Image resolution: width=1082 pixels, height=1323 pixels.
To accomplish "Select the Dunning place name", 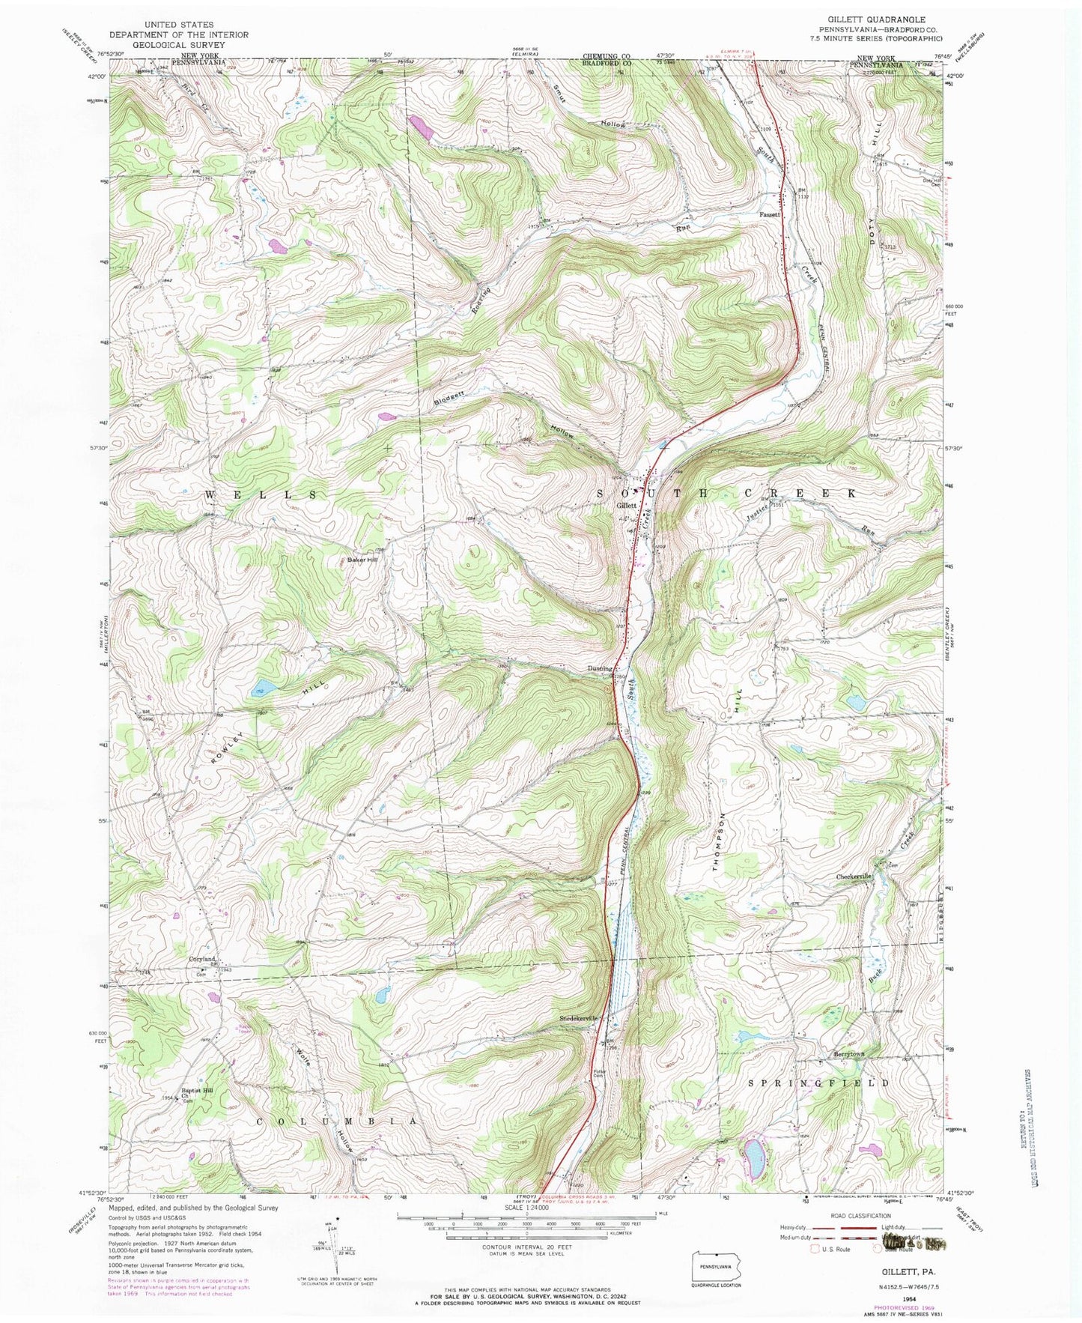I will (x=601, y=668).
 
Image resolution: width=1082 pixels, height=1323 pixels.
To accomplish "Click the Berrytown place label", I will (x=849, y=1054).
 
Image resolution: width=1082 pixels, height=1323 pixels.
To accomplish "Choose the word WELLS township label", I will (x=262, y=495).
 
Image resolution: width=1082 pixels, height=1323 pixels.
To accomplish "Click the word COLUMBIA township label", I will (x=336, y=1121).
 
